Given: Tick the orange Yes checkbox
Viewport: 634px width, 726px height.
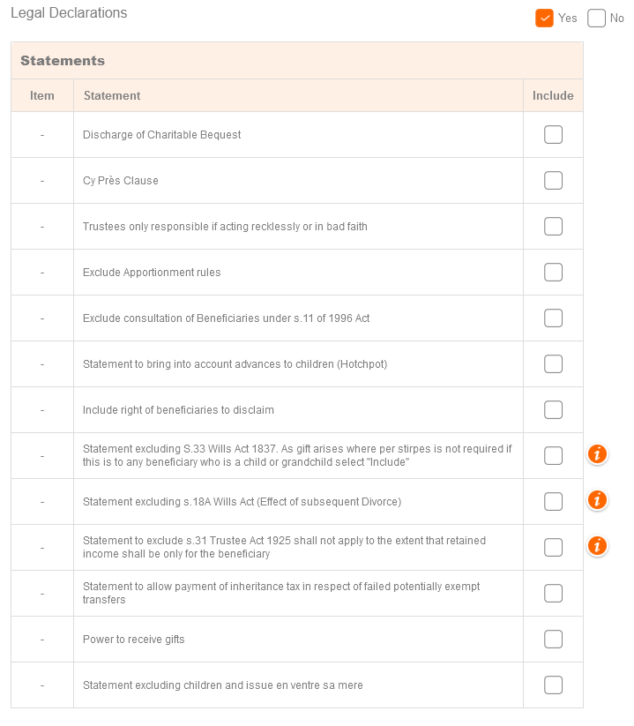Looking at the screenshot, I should coord(544,19).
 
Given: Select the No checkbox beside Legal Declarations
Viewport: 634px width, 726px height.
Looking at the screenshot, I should coord(597,19).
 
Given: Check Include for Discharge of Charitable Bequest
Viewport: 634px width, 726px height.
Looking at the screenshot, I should coord(553,135).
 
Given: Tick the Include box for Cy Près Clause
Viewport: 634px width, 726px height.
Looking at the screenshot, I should coord(553,181).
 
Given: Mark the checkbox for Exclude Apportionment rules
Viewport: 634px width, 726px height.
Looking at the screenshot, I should coord(553,273).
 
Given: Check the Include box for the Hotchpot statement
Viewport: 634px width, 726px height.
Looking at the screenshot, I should coord(553,364).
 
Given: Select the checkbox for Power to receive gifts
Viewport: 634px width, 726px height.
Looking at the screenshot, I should coord(553,640).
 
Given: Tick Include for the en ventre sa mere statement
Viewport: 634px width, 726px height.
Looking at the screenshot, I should coord(553,685).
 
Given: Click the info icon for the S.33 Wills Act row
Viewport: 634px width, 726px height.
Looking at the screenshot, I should coord(597,455).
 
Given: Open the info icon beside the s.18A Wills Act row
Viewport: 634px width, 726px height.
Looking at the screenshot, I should coord(597,501).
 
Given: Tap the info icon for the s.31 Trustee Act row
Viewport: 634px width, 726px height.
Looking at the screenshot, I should coord(597,547).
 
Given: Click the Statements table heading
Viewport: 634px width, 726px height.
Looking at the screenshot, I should coord(63,61).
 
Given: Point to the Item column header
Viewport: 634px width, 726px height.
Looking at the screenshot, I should coord(42,96).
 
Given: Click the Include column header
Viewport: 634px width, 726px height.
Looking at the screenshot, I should coord(553,96).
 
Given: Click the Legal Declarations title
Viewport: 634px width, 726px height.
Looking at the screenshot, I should coord(69,13).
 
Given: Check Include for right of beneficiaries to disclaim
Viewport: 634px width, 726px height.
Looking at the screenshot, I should coord(553,410).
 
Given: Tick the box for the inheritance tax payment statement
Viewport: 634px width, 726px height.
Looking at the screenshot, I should coord(553,594).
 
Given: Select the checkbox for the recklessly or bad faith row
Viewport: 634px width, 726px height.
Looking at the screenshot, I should coord(553,227).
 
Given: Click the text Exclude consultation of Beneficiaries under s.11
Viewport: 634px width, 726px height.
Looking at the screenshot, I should coord(226,318).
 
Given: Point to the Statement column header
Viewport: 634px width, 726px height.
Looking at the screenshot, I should coord(112,96).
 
